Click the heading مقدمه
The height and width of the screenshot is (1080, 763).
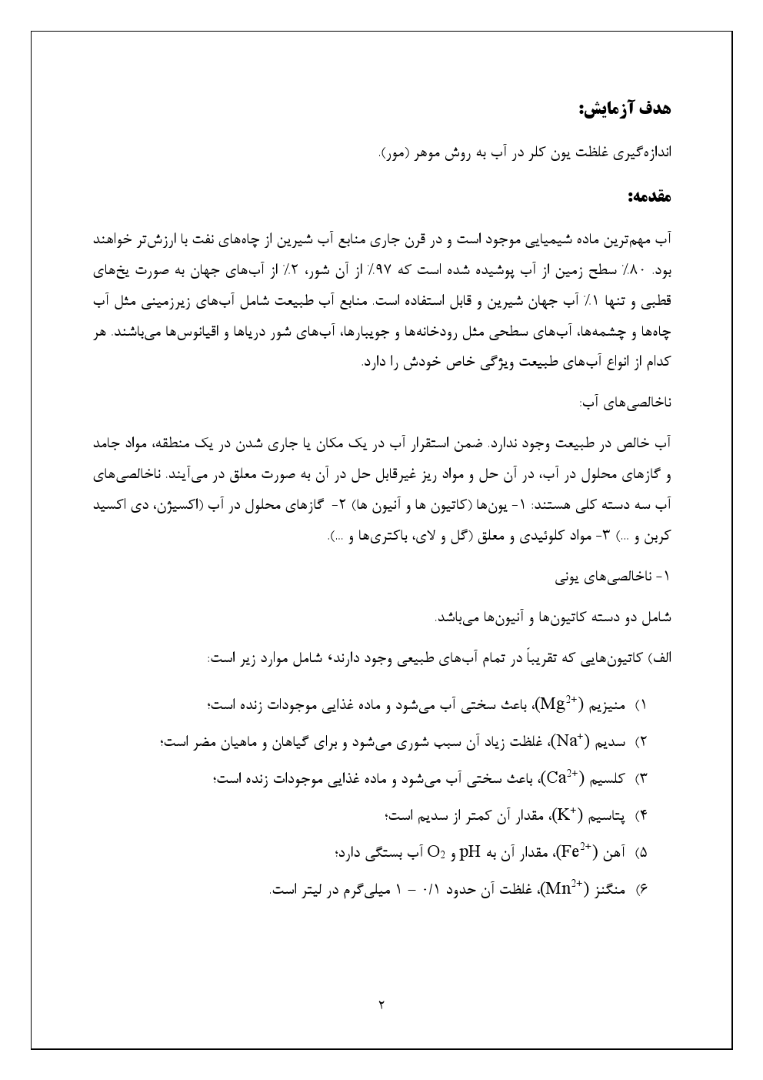[650, 197]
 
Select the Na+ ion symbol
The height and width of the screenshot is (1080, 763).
[568, 741]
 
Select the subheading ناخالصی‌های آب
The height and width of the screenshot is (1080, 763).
[625, 403]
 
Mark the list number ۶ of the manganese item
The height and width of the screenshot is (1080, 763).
[642, 890]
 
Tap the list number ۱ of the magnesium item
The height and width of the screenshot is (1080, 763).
[642, 704]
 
